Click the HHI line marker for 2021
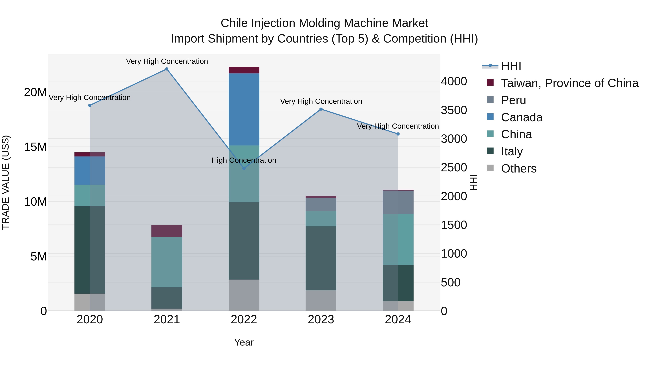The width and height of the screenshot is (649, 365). (167, 69)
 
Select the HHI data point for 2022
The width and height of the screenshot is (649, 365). (244, 168)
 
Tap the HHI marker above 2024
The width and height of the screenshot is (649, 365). (398, 134)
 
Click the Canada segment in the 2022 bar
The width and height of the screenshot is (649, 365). (244, 109)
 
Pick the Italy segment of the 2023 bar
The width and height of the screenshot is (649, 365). (321, 258)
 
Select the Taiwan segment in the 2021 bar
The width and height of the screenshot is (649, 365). (167, 231)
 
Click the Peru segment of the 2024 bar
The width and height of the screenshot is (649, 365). (398, 202)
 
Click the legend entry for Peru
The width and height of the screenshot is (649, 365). (513, 100)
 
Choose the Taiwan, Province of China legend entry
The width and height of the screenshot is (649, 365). (569, 83)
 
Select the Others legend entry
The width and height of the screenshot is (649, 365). (518, 169)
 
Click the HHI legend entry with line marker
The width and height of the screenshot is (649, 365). (511, 66)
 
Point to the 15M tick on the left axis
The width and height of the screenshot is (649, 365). (35, 147)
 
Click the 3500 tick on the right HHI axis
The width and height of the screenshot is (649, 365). (454, 110)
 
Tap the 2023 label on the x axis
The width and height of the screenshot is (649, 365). (321, 320)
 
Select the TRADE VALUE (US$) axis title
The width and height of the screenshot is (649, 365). (6, 182)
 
